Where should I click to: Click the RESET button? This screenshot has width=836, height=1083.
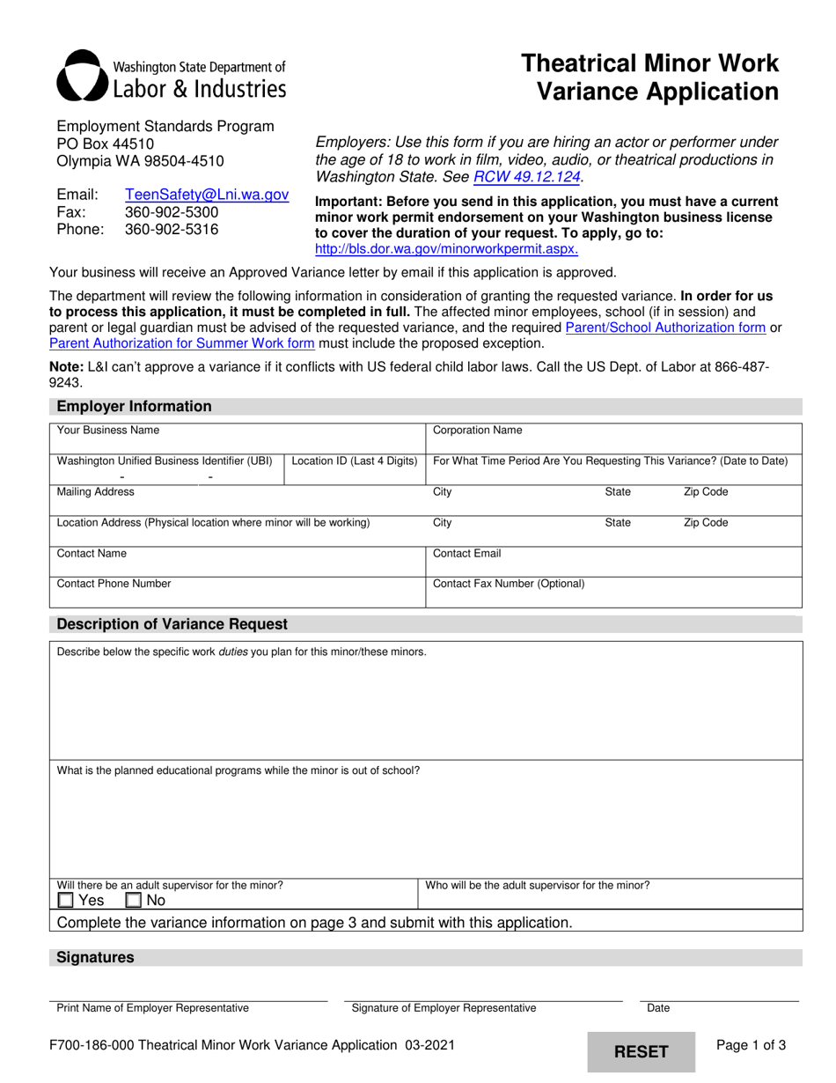(x=641, y=1051)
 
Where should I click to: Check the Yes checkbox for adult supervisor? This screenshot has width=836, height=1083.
(x=66, y=900)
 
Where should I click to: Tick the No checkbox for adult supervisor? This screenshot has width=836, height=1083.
(x=134, y=900)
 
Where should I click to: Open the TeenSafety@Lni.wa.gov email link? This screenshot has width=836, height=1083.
(x=207, y=195)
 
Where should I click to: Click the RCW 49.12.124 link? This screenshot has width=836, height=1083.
(x=527, y=176)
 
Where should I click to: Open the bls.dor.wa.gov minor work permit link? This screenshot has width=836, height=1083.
(x=446, y=249)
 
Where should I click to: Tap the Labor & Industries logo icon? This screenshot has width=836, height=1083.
(x=81, y=75)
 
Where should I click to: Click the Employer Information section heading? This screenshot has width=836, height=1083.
(x=134, y=406)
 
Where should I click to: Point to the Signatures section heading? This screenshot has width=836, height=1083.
(x=95, y=957)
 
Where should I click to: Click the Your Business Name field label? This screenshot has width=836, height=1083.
(x=108, y=431)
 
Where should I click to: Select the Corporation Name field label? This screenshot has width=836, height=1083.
(x=478, y=431)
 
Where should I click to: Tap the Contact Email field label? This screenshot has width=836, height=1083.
(x=467, y=554)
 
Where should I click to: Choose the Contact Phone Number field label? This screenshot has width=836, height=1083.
(x=114, y=583)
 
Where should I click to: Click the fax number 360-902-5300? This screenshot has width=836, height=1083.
(x=172, y=212)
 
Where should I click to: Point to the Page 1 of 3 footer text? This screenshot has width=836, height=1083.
(x=752, y=1045)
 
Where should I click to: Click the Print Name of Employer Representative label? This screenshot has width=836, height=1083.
(x=152, y=1008)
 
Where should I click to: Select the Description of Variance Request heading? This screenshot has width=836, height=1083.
(x=172, y=624)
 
